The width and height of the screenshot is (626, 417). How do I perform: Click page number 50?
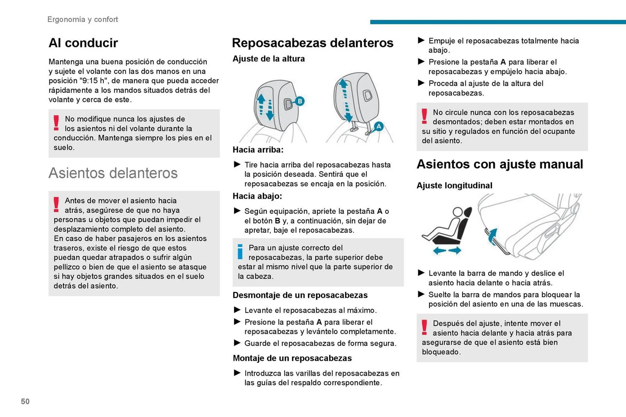25,401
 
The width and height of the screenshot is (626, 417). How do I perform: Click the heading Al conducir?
83,43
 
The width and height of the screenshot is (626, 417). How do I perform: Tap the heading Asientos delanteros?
113,173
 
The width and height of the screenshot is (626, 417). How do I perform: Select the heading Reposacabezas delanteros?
312,43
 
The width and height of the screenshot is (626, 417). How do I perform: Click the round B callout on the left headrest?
300,101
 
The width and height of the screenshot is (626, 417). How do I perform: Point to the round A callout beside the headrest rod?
378,126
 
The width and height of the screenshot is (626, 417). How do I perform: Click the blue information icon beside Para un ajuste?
240,252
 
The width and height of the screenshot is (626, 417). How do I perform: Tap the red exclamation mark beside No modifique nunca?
56,123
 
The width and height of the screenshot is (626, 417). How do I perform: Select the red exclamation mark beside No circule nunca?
424,116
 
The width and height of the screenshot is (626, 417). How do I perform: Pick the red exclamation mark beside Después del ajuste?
424,327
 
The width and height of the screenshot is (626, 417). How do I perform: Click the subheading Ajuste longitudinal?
454,186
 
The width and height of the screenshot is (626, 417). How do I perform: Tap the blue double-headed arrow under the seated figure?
447,250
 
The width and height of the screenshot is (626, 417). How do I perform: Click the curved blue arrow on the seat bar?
492,236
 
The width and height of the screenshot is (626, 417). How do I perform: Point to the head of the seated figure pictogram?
457,212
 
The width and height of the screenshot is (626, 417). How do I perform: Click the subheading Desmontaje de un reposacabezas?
300,295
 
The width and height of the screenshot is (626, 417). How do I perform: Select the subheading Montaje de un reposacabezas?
292,358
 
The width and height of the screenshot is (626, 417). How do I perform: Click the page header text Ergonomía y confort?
82,20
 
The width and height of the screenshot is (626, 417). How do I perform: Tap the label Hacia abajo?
257,196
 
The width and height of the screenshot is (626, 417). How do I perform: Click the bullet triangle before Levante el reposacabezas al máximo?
237,310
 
